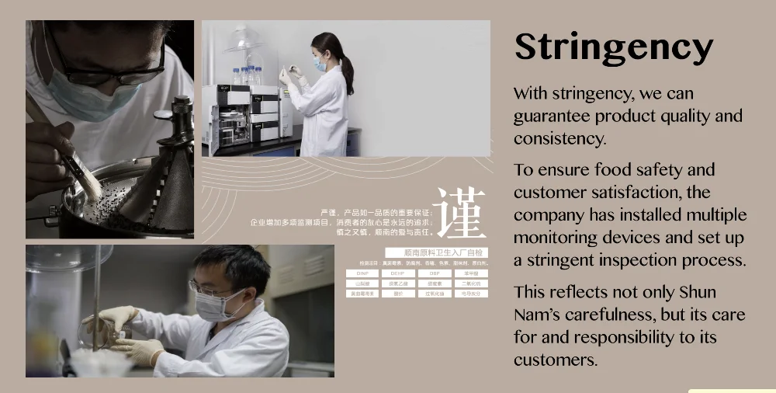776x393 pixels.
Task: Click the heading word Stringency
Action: [x=613, y=48]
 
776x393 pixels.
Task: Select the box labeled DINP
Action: [x=362, y=273]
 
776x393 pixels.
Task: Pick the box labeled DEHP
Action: [x=398, y=273]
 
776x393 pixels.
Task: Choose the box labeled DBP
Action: [x=435, y=273]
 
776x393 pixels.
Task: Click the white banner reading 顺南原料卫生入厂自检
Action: [x=436, y=252]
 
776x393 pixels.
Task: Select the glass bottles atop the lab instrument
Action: [x=246, y=76]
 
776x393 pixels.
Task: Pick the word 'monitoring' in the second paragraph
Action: [x=558, y=238]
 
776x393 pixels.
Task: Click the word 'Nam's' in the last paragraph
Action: [x=543, y=315]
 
